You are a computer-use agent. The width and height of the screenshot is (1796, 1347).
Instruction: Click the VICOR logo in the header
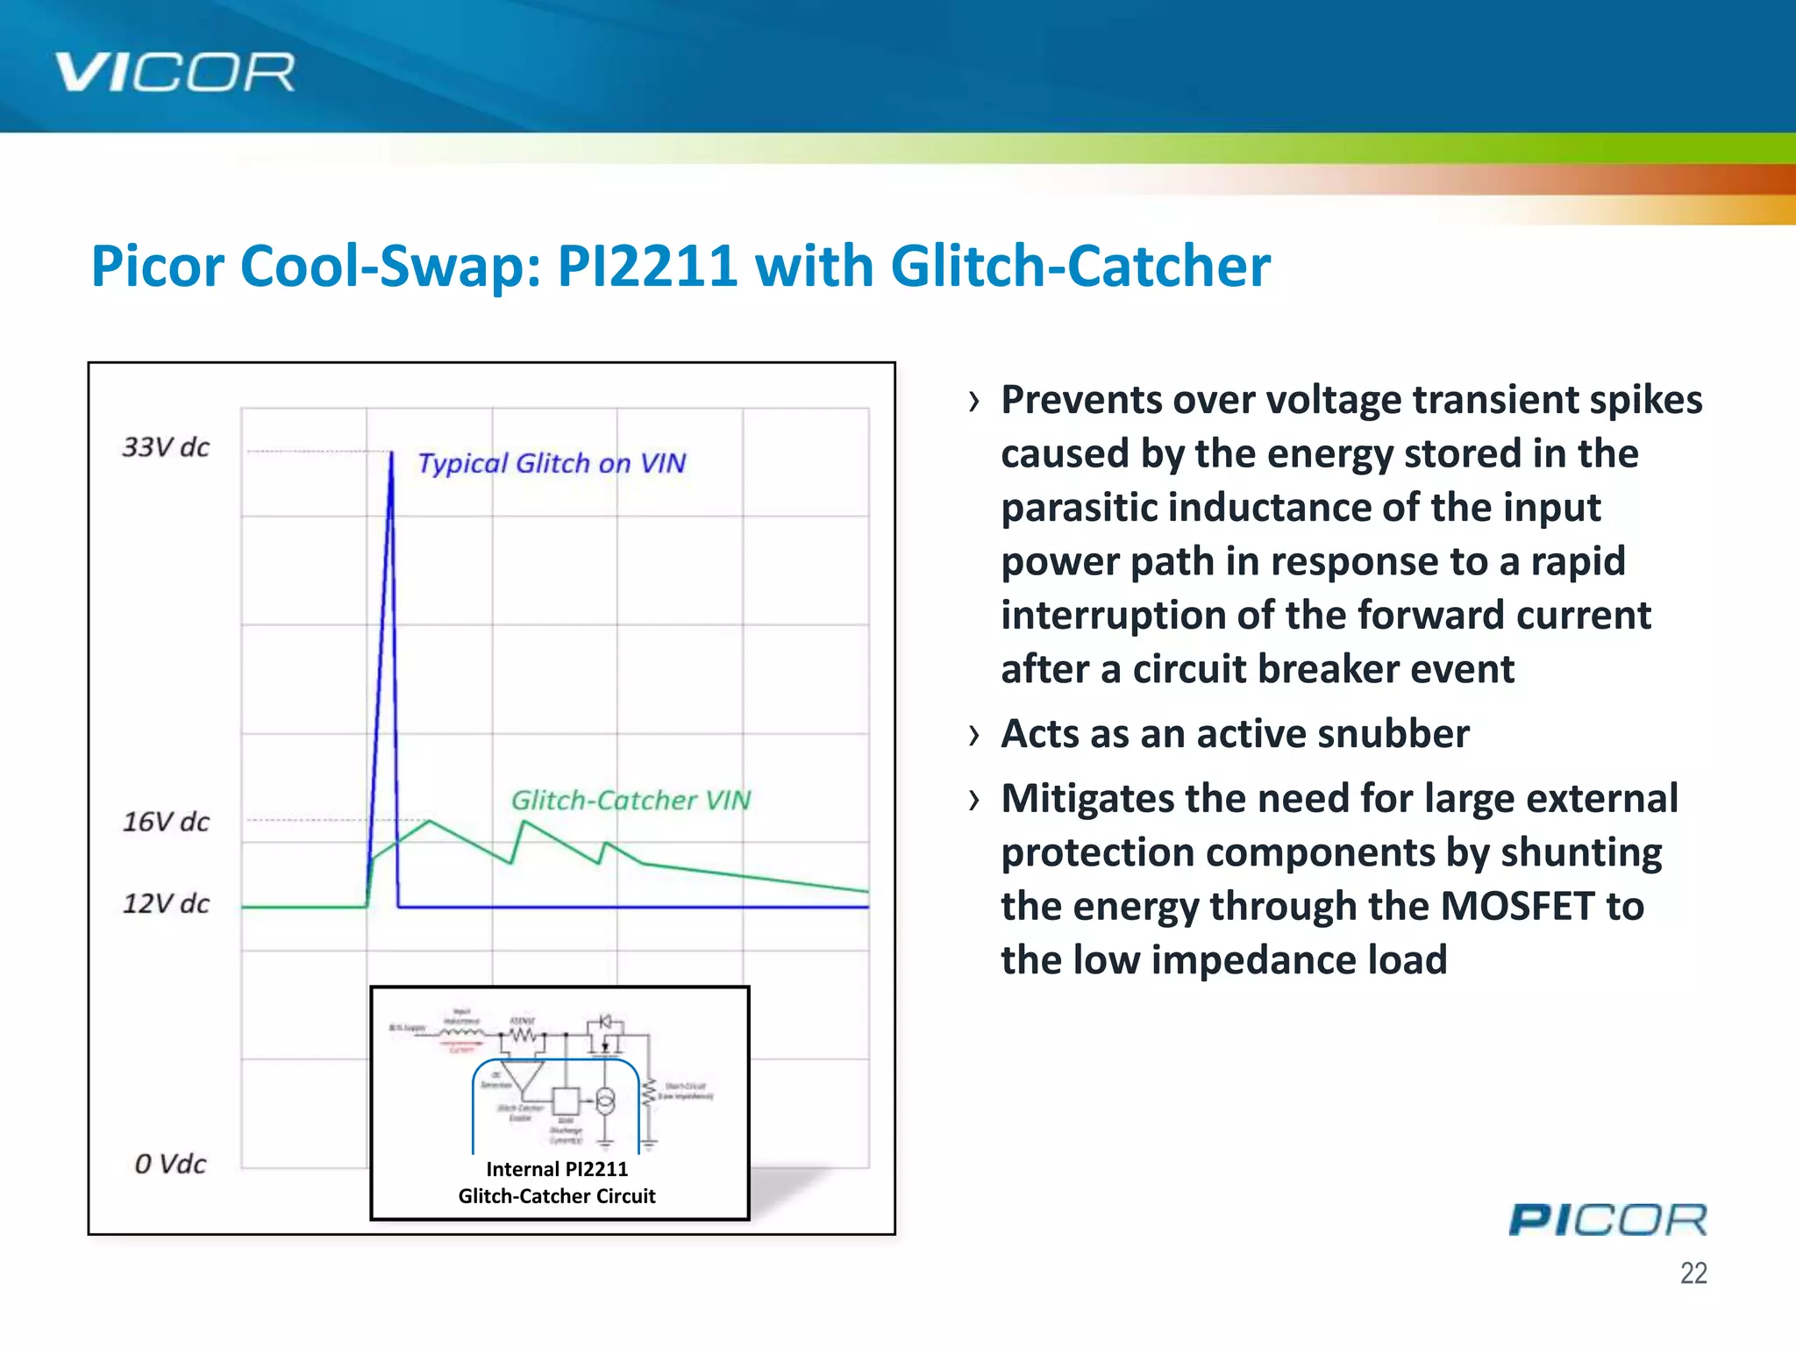(175, 72)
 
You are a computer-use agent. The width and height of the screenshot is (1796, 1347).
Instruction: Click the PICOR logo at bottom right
(1607, 1220)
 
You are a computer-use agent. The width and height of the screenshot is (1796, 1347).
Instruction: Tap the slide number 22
(1693, 1272)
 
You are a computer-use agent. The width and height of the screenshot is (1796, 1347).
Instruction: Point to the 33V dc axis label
(166, 447)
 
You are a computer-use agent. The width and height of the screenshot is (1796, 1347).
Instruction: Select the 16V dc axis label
(166, 822)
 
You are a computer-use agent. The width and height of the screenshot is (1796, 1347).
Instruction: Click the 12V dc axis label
(166, 903)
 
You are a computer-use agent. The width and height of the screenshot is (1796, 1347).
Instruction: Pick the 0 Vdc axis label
(170, 1164)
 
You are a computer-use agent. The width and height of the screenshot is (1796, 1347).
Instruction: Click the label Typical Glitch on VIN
(551, 463)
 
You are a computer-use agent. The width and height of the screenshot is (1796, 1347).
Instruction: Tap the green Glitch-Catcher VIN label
(631, 800)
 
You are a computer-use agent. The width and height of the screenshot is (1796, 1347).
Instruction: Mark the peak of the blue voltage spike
(391, 453)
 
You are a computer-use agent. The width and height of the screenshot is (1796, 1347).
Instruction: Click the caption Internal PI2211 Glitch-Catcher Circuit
(557, 1182)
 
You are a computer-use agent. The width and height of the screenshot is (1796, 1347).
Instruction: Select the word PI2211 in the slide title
(647, 266)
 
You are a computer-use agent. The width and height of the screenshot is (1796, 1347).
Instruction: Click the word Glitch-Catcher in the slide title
(1080, 266)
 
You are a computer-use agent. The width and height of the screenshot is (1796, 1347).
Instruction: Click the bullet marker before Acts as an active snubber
(973, 735)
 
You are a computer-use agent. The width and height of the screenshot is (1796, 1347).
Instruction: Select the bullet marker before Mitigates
(973, 800)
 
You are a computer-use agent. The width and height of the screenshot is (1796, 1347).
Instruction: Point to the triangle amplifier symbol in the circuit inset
(523, 1077)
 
